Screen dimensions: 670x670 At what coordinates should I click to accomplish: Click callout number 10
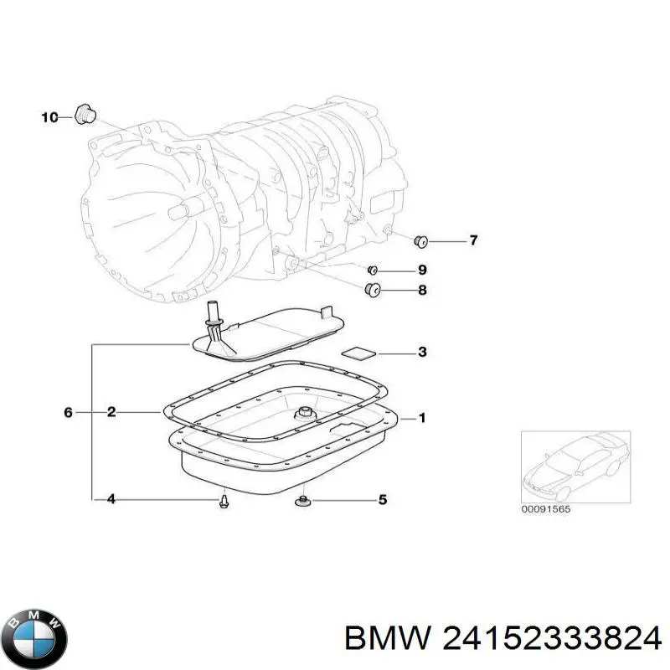coord(49,117)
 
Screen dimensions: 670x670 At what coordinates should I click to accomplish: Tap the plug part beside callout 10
coord(84,114)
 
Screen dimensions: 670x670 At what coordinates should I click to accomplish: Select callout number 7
coord(473,241)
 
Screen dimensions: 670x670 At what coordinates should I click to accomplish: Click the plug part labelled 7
coord(422,242)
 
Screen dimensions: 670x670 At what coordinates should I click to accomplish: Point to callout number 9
coord(422,270)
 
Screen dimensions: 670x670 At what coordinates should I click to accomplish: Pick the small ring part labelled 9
coord(373,270)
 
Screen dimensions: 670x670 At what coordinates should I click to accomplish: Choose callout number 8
coord(422,291)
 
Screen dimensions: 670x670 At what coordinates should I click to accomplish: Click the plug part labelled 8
coord(373,291)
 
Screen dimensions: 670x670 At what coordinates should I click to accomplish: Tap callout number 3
coord(422,353)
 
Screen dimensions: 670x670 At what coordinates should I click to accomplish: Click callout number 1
coord(422,417)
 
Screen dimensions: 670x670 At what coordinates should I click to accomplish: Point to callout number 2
coord(111,411)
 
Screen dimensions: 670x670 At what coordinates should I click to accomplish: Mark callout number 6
coord(69,411)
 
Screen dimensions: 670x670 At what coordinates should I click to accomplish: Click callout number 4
coord(111,500)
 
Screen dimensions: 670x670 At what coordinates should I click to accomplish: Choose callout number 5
coord(383,500)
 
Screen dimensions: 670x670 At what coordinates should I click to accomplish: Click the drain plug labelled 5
coord(303,501)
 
